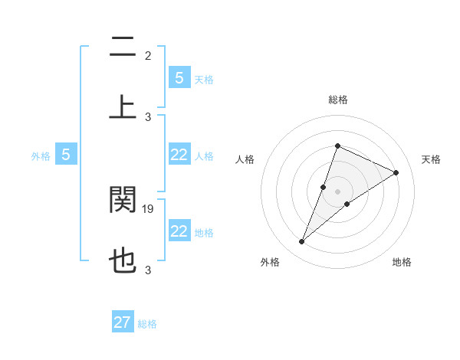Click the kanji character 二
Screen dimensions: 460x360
[123, 47]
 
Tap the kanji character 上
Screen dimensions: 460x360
[123, 106]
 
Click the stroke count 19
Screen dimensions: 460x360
[149, 208]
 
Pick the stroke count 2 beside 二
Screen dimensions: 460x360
[148, 56]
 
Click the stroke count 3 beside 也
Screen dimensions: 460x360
[148, 270]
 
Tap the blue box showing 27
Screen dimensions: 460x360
[123, 322]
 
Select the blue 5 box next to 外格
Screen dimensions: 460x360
[66, 155]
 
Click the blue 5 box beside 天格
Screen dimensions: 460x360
[179, 77]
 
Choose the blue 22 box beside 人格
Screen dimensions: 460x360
[179, 155]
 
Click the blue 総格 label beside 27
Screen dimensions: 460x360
[147, 324]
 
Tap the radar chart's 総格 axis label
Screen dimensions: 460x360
[337, 100]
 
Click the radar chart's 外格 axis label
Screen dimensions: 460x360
[270, 262]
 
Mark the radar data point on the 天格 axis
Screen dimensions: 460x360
[396, 173]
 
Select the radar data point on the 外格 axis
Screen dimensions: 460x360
[301, 242]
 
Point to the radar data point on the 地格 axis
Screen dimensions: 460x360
[347, 204]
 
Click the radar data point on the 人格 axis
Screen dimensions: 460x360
[324, 187]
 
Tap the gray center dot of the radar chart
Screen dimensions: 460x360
[337, 191]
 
